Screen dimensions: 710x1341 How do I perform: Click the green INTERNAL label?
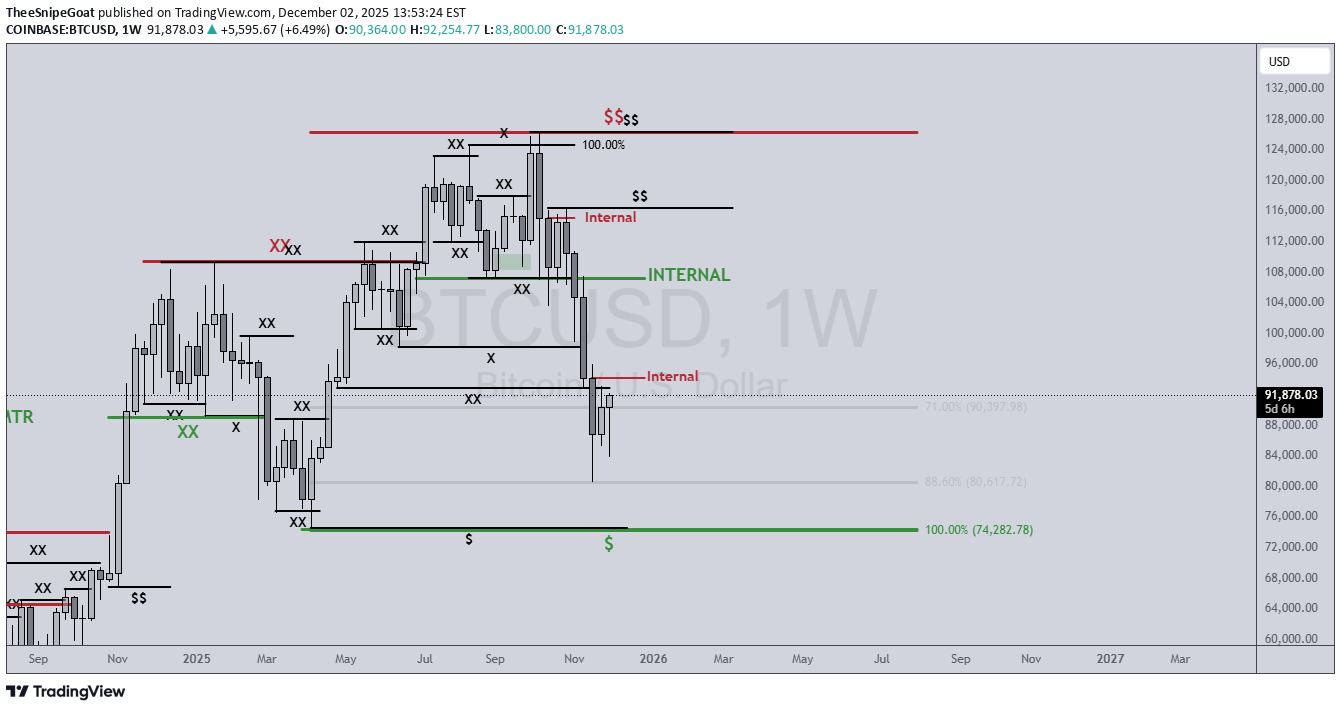click(x=689, y=275)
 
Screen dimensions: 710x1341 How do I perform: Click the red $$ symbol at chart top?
click(x=613, y=117)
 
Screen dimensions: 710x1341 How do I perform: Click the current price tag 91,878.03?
click(x=1290, y=395)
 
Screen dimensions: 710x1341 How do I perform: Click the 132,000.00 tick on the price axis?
click(x=1290, y=88)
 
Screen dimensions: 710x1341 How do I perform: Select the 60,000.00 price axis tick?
click(x=1290, y=638)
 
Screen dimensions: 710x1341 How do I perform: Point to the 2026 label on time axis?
click(x=653, y=659)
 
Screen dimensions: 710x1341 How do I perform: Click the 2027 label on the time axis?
click(x=1110, y=659)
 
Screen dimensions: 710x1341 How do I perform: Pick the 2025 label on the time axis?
click(x=197, y=659)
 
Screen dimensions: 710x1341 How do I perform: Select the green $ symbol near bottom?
click(x=609, y=544)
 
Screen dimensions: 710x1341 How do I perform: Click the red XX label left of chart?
click(x=279, y=245)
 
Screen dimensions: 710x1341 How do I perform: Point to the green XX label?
click(x=188, y=432)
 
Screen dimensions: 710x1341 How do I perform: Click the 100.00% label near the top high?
click(x=603, y=145)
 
